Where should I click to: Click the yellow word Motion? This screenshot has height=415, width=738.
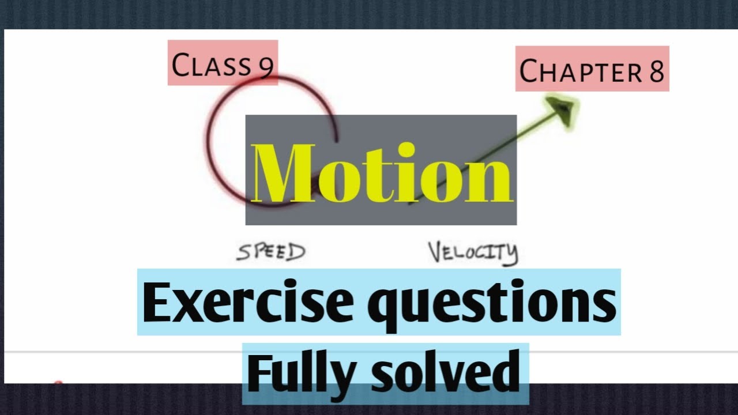381,173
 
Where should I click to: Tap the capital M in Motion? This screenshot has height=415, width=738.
283,173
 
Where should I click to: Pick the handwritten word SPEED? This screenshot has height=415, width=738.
270,252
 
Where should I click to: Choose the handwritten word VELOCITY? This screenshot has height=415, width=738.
473,253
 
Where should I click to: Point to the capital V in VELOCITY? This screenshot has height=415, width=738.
437,251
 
